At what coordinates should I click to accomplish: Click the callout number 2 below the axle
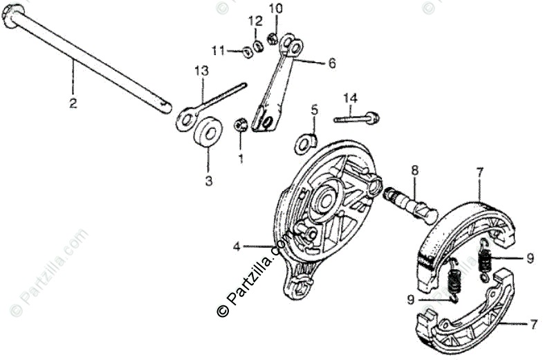[73, 105]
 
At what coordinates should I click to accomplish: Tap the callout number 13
[201, 71]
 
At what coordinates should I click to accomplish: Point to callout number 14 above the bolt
[349, 98]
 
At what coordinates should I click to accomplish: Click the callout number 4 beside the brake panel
[237, 246]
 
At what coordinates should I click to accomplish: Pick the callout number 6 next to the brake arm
[331, 63]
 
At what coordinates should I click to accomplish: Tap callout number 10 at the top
[276, 8]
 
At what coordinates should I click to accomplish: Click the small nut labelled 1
[241, 125]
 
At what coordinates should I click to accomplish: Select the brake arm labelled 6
[277, 84]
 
